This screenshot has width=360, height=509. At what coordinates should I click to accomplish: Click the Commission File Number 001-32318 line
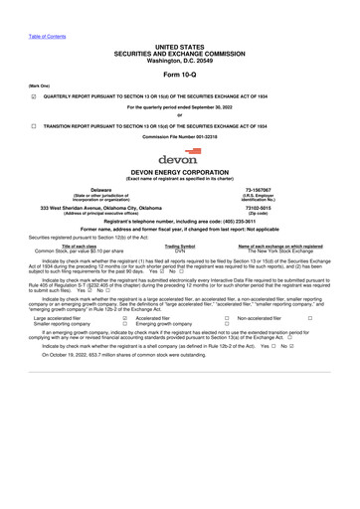click(180, 136)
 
